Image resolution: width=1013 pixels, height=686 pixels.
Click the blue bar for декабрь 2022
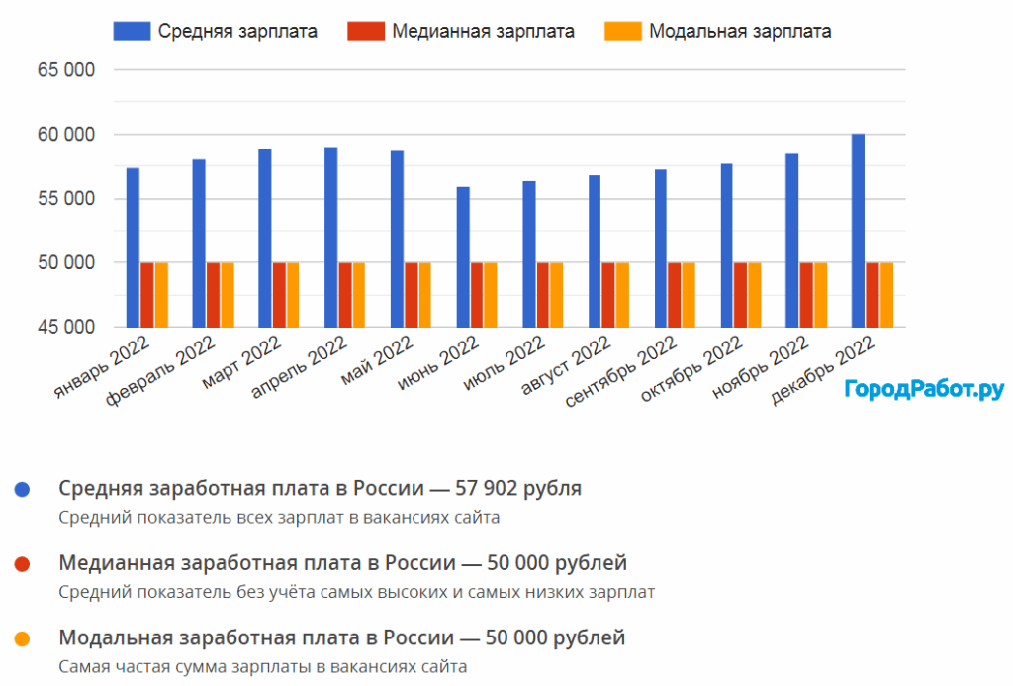(x=858, y=231)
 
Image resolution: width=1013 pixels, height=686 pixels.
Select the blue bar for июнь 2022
(x=463, y=257)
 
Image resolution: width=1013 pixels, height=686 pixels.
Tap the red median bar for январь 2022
(x=147, y=295)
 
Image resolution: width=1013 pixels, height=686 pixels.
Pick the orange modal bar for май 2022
(x=424, y=295)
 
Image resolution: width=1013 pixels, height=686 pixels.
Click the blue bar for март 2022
(x=265, y=239)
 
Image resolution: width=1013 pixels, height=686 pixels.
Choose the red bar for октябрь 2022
(x=741, y=295)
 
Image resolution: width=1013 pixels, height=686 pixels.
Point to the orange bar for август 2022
(x=622, y=295)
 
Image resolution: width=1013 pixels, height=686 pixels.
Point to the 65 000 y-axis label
(x=67, y=70)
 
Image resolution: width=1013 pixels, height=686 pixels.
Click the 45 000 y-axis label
(x=67, y=328)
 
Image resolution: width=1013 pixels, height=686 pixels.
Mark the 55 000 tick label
(x=67, y=199)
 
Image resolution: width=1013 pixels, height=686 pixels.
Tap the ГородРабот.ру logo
(x=924, y=389)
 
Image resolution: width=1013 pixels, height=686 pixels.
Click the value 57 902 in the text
(x=496, y=488)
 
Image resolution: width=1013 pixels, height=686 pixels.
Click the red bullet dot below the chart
(x=23, y=564)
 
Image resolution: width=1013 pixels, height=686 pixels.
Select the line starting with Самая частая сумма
(x=262, y=666)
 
